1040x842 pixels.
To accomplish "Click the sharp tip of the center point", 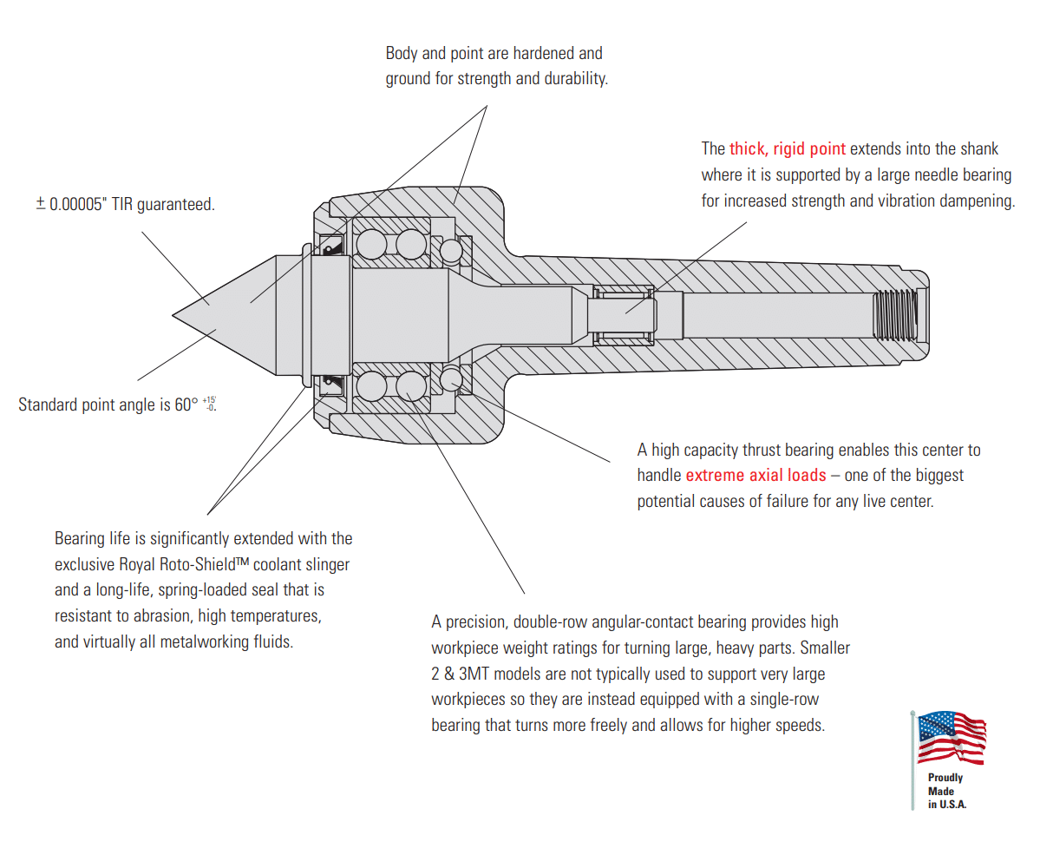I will (173, 313).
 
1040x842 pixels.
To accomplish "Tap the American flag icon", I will (952, 738).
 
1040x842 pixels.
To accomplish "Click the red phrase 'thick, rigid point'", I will (787, 148).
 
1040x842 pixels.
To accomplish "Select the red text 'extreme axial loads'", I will (755, 475).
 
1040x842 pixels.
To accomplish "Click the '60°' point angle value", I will (185, 405).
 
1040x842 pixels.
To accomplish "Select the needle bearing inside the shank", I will (623, 313).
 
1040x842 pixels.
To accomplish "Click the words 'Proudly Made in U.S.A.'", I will (945, 791).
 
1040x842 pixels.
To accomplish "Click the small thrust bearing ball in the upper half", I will (451, 251).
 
